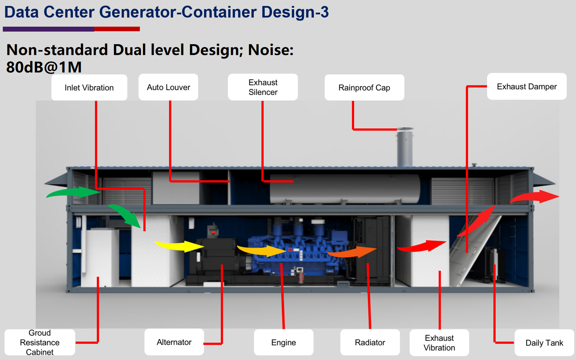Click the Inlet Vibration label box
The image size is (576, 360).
[x=89, y=87]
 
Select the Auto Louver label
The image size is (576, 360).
[x=168, y=87]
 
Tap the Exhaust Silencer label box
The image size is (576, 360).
[x=263, y=87]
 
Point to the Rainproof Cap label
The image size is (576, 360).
[x=364, y=87]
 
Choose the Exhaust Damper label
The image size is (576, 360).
[x=527, y=86]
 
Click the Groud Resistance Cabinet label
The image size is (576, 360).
[x=40, y=342]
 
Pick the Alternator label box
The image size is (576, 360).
[x=174, y=342]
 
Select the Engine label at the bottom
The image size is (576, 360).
[x=284, y=342]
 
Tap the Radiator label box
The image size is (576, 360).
[x=370, y=342]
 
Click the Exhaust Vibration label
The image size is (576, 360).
[x=439, y=342]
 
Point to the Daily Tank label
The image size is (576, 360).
[x=544, y=342]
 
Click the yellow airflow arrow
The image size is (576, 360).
[x=180, y=246]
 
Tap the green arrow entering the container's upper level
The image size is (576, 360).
[x=73, y=192]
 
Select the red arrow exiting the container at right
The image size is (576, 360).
[x=535, y=197]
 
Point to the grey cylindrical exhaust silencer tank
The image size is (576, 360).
[x=345, y=189]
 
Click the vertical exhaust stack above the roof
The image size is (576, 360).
[x=405, y=148]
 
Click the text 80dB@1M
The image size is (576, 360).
[x=44, y=67]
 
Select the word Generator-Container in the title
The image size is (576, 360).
[x=178, y=12]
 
